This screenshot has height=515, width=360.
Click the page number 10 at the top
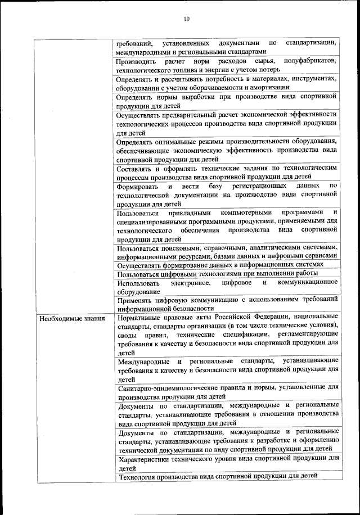(186, 19)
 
